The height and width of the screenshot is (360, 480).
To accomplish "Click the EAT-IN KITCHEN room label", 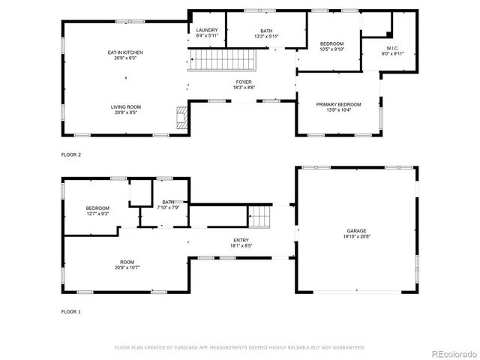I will point(125,52).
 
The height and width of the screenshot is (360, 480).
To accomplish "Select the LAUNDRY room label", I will point(206,30).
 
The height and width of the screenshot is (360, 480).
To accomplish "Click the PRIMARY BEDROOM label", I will point(338,104).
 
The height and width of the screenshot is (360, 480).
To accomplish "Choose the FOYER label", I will point(244,82).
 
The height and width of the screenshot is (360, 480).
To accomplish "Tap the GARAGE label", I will point(357,230).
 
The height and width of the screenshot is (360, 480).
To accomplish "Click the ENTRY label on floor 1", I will point(241,239).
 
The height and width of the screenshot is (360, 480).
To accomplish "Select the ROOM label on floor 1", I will point(127,262).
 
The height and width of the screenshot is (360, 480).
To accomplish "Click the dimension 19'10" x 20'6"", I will point(357,236).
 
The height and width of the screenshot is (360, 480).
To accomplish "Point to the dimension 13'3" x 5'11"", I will point(245,36).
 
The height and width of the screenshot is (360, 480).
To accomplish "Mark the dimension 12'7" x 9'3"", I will point(97,214).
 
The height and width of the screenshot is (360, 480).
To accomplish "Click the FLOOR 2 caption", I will point(70,154).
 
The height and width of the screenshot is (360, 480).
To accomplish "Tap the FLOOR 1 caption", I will point(70,310).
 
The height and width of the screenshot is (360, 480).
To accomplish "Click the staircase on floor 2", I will point(222,58).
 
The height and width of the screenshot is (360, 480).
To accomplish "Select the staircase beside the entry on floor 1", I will point(259,217).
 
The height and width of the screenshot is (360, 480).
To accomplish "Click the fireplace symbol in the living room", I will point(179,118).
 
